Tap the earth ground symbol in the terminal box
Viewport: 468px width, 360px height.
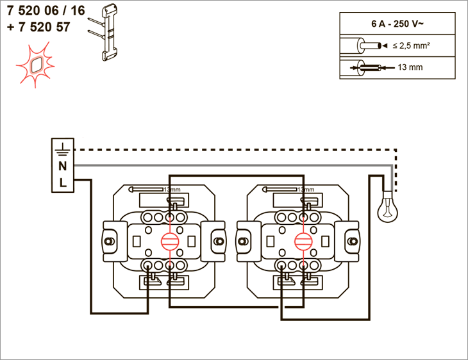coord(62,149)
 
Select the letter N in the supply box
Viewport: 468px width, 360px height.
coord(62,166)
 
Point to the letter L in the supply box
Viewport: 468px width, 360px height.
coord(63,183)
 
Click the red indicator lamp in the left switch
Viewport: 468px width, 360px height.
coord(170,241)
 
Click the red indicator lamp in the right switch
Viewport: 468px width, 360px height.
coord(303,241)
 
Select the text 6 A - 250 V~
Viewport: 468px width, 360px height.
coord(397,24)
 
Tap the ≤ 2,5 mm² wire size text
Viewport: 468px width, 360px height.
coord(412,45)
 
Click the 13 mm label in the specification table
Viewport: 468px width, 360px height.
coord(410,67)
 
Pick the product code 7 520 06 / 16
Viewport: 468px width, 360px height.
coord(46,11)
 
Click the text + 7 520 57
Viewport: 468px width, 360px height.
coord(38,27)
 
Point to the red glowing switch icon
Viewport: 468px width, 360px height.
coord(35,65)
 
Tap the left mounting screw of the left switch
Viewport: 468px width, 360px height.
coord(108,241)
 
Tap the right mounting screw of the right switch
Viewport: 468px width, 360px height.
coord(353,241)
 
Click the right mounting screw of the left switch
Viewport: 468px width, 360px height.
coord(219,241)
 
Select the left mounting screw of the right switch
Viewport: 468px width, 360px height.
coord(242,241)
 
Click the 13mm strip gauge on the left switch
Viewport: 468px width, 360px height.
coord(155,189)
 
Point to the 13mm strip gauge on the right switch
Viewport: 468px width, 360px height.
coord(288,189)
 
